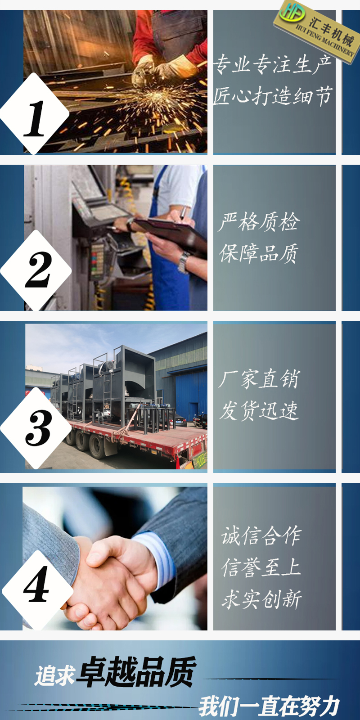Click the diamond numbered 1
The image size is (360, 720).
click(x=35, y=114)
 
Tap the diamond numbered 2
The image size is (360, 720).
click(x=36, y=270)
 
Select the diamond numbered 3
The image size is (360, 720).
click(x=36, y=428)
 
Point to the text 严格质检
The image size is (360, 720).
click(x=259, y=222)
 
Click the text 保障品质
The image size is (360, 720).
click(x=259, y=253)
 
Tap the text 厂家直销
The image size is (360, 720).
click(x=259, y=379)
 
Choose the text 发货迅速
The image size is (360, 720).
click(x=259, y=410)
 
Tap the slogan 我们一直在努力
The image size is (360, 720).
click(x=269, y=706)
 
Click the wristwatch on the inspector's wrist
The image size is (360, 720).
click(x=184, y=261)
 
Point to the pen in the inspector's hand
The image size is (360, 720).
click(x=182, y=214)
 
